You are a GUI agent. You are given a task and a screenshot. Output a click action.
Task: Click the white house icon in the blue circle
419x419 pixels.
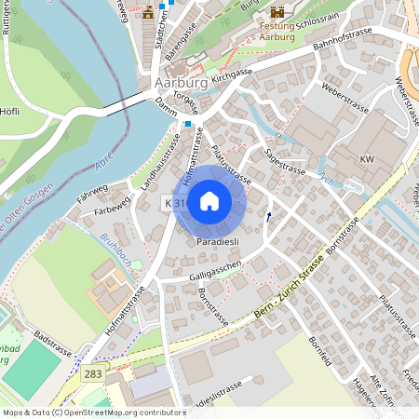209,200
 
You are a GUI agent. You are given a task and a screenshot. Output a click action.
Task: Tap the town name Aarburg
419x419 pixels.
174,83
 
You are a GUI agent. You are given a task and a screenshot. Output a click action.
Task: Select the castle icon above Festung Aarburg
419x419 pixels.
277,12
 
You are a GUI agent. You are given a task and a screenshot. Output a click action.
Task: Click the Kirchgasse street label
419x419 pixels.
233,75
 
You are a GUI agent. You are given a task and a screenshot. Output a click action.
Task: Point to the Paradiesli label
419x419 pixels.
218,241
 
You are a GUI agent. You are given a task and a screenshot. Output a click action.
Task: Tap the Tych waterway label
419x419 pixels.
325,181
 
